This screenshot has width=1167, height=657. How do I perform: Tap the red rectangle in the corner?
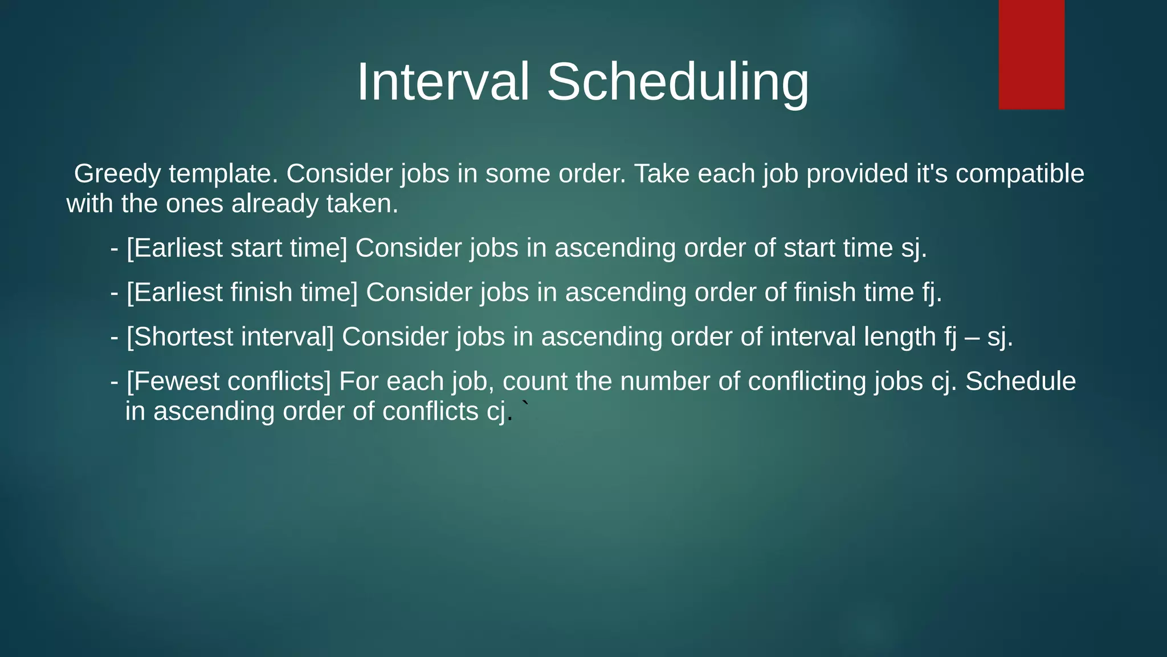point(1031,54)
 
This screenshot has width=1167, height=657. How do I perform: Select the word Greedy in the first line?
point(117,174)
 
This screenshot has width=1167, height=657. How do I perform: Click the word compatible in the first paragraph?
point(1019,174)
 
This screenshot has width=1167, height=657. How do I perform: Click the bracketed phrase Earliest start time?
point(236,249)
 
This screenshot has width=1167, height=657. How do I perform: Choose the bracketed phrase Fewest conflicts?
point(228,382)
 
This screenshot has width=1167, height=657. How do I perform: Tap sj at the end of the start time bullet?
point(913,249)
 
